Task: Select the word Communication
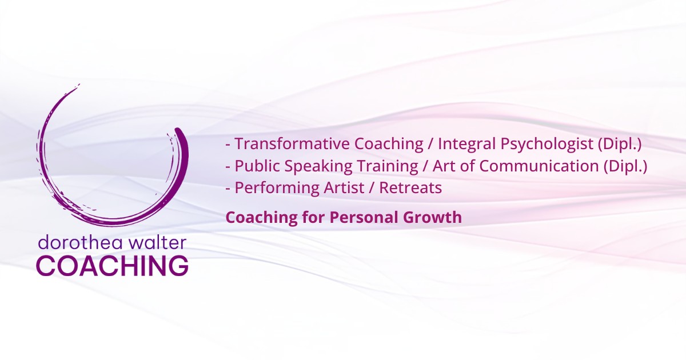(539, 166)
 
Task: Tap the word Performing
(277, 188)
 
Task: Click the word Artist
(344, 187)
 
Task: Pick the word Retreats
(410, 187)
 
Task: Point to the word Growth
(432, 217)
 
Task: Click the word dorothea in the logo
(81, 242)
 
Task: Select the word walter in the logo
(157, 242)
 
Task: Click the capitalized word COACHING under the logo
(113, 266)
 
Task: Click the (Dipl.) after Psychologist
(620, 145)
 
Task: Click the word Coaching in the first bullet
(389, 145)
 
